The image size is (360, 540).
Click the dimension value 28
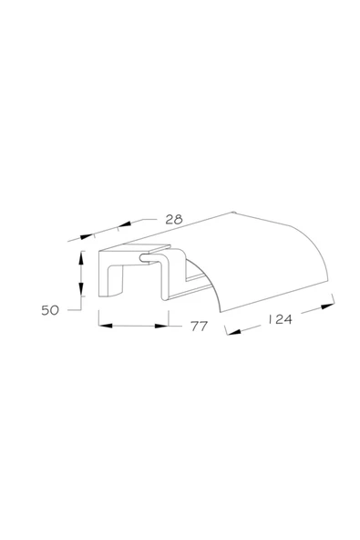pyautogui.click(x=174, y=219)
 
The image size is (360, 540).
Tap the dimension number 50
pyautogui.click(x=50, y=310)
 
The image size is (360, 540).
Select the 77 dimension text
pyautogui.click(x=199, y=326)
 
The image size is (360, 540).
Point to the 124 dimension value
pyautogui.click(x=280, y=319)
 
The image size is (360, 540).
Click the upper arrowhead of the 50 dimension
pyautogui.click(x=81, y=257)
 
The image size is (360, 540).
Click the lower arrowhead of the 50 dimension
pyautogui.click(x=81, y=289)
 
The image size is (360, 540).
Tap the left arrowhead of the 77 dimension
pyautogui.click(x=106, y=326)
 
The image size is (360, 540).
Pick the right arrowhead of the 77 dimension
pyautogui.click(x=161, y=326)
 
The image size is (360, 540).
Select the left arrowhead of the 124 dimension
pyautogui.click(x=234, y=332)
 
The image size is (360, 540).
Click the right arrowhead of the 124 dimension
pyautogui.click(x=327, y=306)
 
